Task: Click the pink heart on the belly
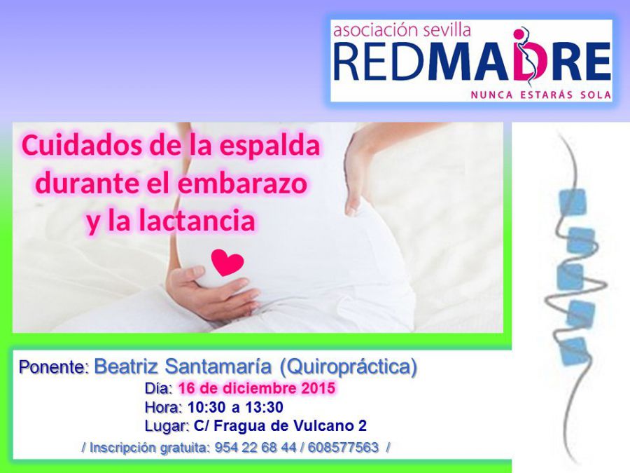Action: pos(227,262)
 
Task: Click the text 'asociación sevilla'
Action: pos(402,30)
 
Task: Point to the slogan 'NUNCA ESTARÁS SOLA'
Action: pos(541,95)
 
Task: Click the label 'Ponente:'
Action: pos(54,367)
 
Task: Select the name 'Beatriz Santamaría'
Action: pos(183,366)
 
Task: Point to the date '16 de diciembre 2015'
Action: pos(256,388)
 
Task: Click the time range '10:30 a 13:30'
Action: pos(235,407)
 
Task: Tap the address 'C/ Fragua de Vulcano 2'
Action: pos(281,426)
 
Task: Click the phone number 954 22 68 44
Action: pos(256,447)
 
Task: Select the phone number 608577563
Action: pos(344,447)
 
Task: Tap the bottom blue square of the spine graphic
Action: pos(574,352)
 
